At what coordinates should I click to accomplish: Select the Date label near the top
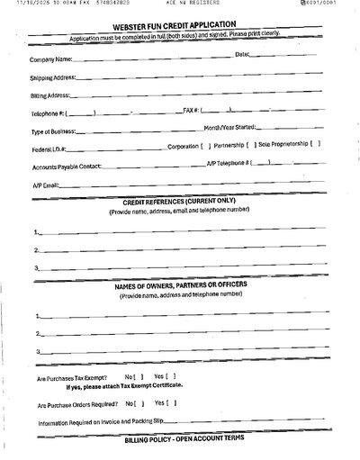[240, 55]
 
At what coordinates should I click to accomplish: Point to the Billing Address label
[52, 97]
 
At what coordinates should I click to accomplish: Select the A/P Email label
[45, 185]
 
